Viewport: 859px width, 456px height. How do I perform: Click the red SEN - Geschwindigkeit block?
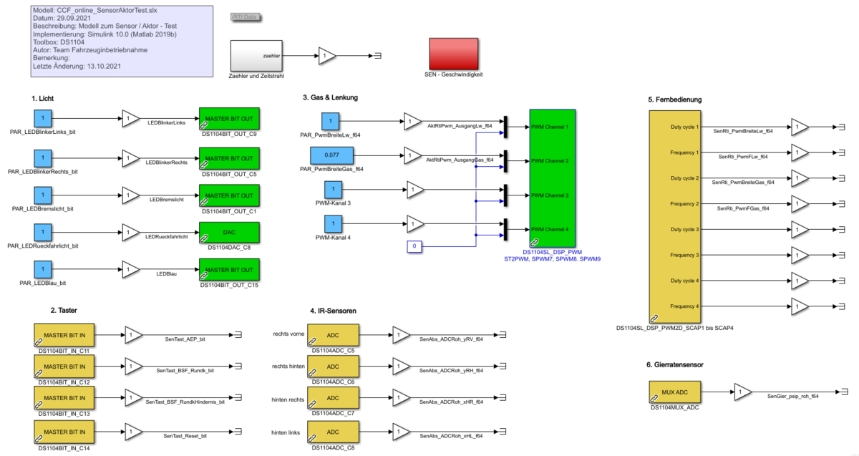tap(453, 53)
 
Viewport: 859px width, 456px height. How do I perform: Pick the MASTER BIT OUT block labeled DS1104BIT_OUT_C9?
tap(229, 119)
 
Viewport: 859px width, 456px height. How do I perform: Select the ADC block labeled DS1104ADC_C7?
tap(332, 398)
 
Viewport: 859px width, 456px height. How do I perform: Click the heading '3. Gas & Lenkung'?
tap(330, 97)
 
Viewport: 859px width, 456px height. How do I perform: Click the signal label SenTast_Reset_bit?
tap(185, 436)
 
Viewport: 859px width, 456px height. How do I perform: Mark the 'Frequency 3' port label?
tap(684, 255)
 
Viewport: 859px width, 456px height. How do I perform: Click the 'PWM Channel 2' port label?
tap(550, 161)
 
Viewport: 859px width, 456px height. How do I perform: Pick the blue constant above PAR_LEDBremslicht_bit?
tap(43, 195)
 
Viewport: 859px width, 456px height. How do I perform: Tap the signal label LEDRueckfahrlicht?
tap(167, 236)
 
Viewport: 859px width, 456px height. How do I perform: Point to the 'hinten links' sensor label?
tap(286, 432)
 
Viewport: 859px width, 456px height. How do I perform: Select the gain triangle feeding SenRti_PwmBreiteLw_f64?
tap(800, 127)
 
